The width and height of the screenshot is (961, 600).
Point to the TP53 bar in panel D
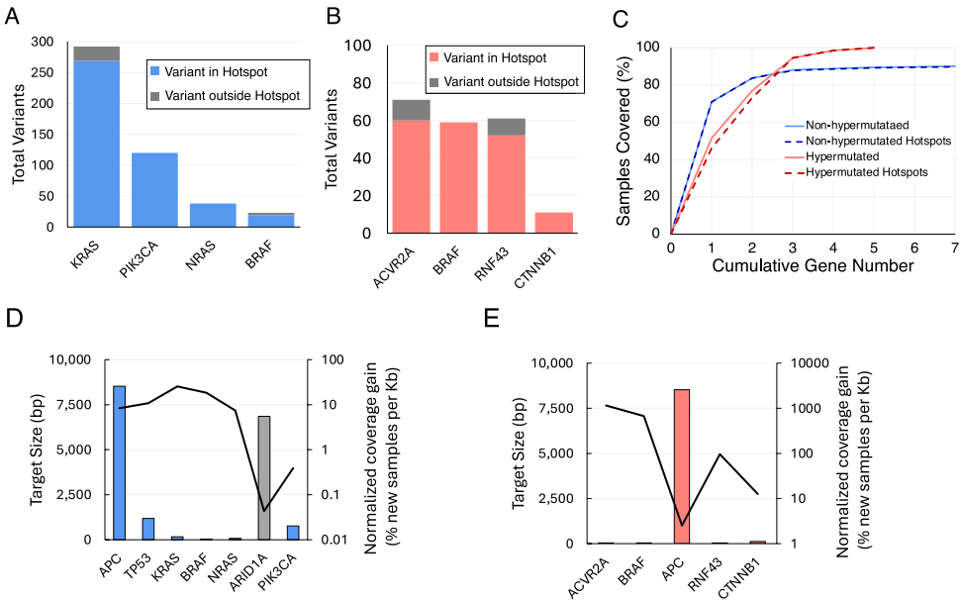point(147,529)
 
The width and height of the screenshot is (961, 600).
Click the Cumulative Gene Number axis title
point(813,265)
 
